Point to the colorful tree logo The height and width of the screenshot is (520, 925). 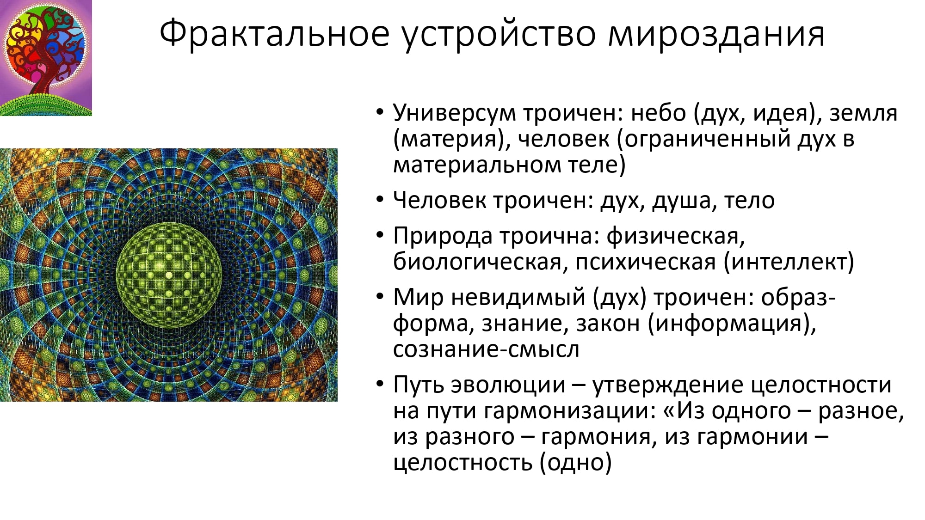pyautogui.click(x=46, y=58)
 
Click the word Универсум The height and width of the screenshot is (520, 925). pyautogui.click(x=454, y=113)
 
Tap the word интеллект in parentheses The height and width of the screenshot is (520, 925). pyautogui.click(x=788, y=263)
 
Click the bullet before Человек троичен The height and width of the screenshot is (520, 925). pyautogui.click(x=380, y=200)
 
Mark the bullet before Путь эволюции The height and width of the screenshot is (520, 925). pyautogui.click(x=380, y=384)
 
